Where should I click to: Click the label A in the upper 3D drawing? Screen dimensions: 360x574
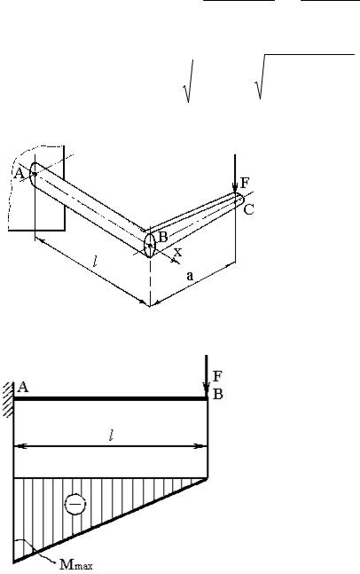pyautogui.click(x=19, y=173)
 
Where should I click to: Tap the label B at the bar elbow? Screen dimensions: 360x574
pyautogui.click(x=162, y=237)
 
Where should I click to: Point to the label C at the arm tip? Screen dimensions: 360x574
pyautogui.click(x=249, y=209)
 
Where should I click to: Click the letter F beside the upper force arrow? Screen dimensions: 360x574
pyautogui.click(x=245, y=182)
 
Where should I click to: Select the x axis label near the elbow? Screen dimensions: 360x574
pyautogui.click(x=177, y=252)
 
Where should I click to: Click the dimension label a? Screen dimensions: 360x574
pyautogui.click(x=190, y=276)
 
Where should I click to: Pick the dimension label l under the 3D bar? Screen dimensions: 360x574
pyautogui.click(x=95, y=262)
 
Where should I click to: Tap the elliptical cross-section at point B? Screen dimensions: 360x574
pyautogui.click(x=150, y=245)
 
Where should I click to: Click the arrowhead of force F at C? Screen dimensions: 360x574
pyautogui.click(x=235, y=187)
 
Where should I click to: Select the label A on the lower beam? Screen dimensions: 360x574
pyautogui.click(x=23, y=387)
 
